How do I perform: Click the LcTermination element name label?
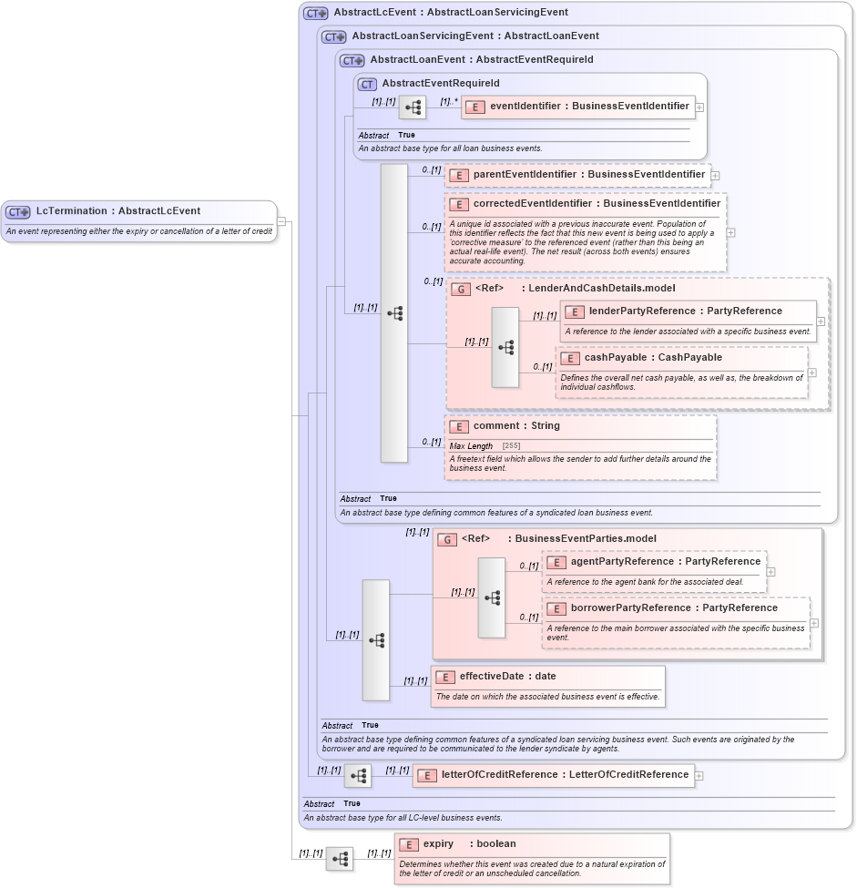coord(117,211)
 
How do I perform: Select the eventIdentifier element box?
coord(578,107)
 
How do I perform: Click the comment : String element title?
coord(516,426)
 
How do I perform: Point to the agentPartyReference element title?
coord(665,562)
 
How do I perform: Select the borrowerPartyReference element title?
coord(674,608)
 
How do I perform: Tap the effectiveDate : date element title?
coord(507,677)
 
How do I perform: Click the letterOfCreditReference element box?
coord(553,775)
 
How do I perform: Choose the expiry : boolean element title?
coord(469,844)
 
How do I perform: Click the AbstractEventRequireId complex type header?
coord(440,84)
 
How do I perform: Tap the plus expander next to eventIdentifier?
coord(699,107)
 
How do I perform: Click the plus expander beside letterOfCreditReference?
coord(699,776)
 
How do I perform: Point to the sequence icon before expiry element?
coord(340,859)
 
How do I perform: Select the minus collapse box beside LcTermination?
coord(281,220)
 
